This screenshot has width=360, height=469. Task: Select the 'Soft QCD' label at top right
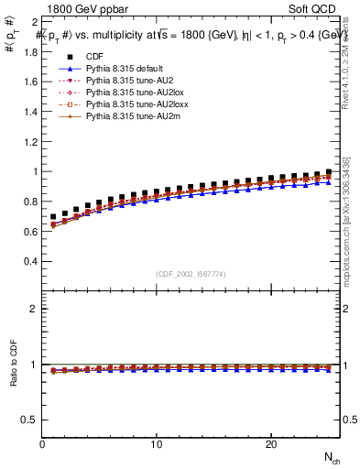coord(313,7)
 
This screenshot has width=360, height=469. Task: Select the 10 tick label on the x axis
coord(157,444)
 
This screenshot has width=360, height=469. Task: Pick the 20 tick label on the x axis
coord(270,444)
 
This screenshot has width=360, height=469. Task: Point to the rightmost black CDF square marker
coord(329,172)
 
